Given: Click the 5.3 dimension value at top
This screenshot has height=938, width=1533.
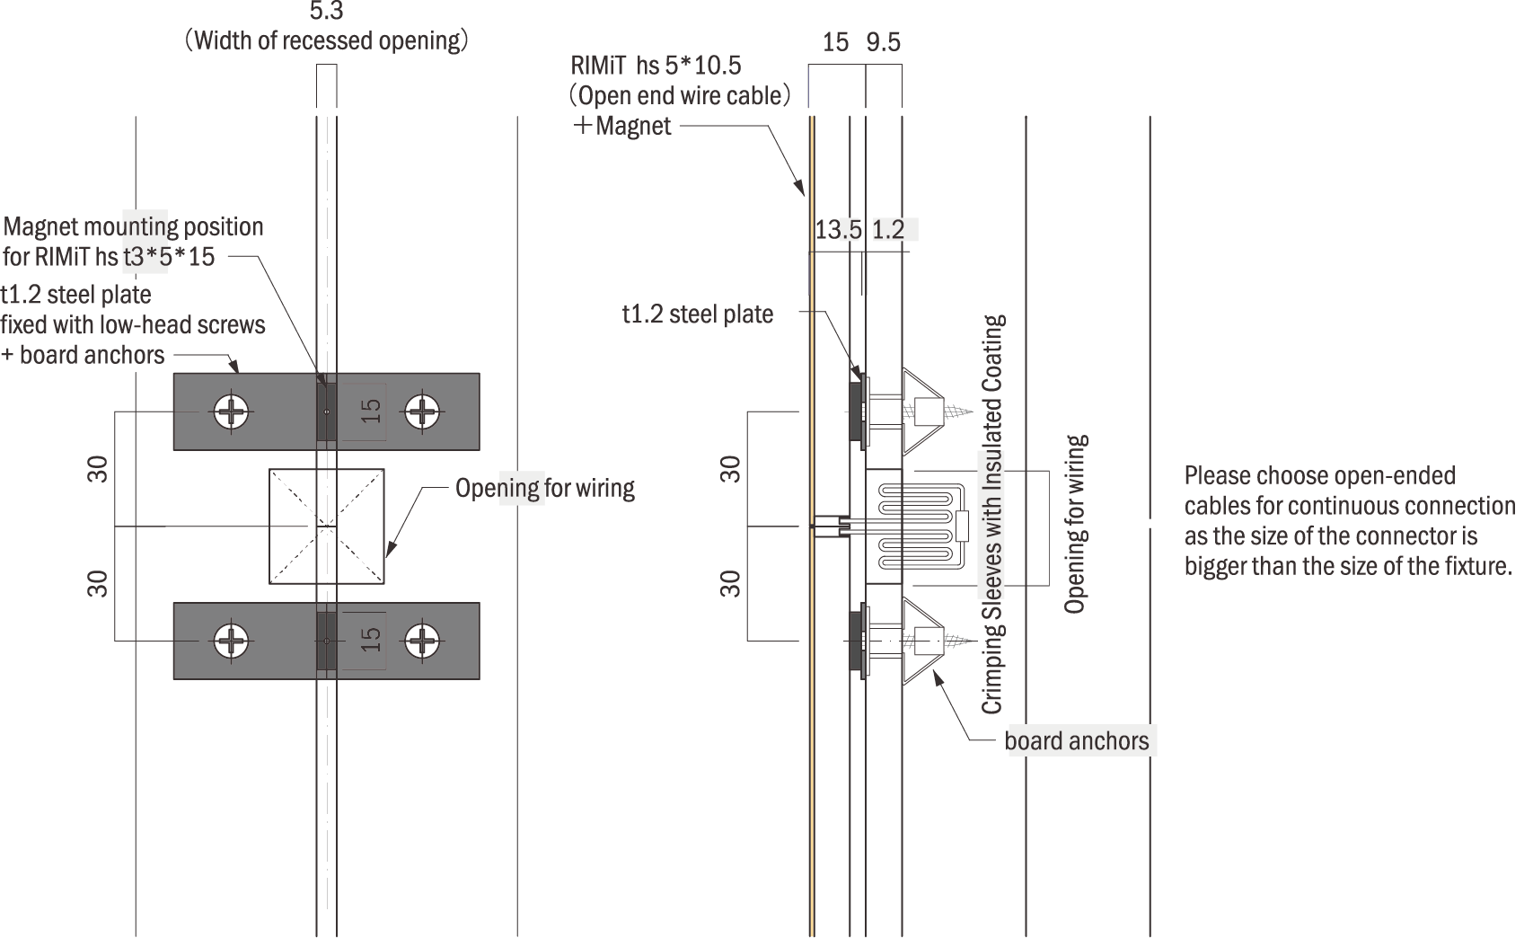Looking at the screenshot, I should (326, 11).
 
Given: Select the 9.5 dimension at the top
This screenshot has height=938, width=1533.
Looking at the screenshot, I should (883, 42).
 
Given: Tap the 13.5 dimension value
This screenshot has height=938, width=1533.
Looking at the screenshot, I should (838, 230).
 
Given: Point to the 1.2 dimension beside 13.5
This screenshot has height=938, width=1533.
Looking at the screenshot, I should (888, 230).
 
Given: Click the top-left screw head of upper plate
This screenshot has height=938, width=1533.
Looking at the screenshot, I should (232, 412).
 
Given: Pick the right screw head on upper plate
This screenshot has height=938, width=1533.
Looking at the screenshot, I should (421, 412).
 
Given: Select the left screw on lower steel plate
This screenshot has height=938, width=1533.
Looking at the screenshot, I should (232, 641).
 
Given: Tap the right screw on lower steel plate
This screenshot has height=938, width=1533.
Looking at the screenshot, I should (421, 641).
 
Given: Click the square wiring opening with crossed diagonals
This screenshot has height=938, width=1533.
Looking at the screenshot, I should (327, 526).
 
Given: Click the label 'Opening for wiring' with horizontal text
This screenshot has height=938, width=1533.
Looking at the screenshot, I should (544, 488).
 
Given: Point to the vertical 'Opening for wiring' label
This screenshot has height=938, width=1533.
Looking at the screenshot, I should (1075, 524).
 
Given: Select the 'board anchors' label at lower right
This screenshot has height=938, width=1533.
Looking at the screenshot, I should (1076, 741).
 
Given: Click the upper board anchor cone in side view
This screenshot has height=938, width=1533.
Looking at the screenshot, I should (923, 411).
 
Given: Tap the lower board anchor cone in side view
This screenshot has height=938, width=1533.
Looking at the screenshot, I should (923, 641).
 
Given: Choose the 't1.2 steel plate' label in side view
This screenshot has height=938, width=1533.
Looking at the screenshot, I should (697, 314).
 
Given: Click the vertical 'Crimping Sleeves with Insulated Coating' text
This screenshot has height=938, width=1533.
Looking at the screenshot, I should (992, 514).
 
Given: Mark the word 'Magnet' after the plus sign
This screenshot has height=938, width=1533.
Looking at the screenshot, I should (633, 126).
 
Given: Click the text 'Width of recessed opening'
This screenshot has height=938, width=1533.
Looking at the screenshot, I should (327, 40).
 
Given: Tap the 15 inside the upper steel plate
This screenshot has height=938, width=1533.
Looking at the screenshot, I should (370, 411).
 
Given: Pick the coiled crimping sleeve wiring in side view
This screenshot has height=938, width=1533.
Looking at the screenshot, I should (916, 527).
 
